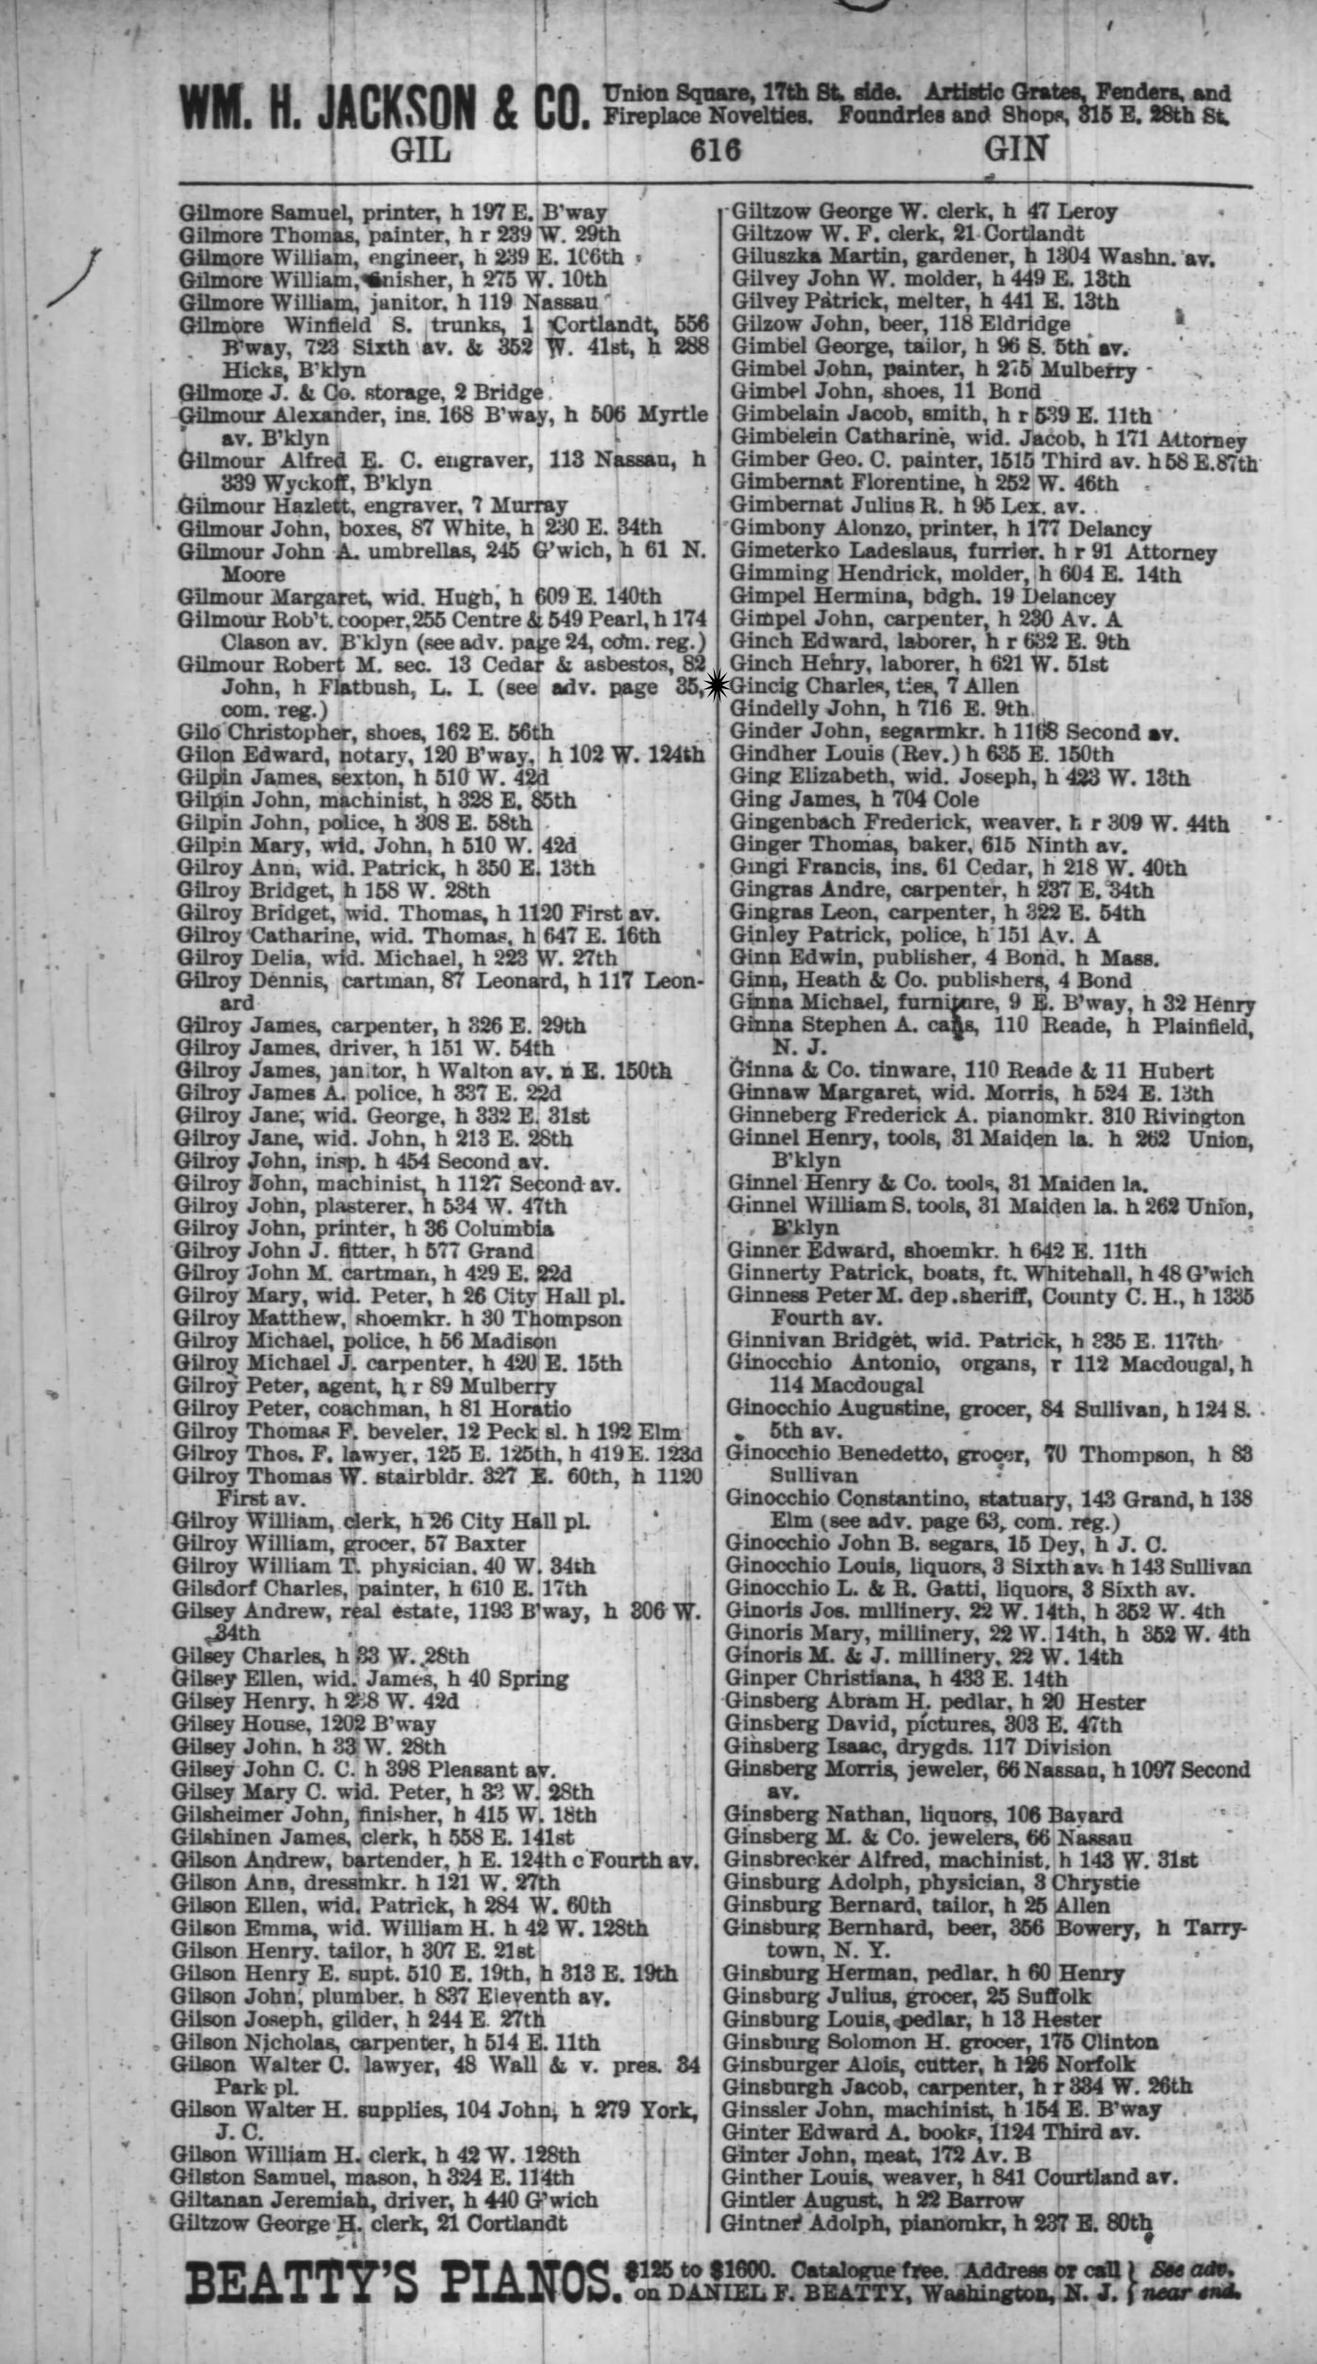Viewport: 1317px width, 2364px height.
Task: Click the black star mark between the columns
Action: (x=716, y=684)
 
